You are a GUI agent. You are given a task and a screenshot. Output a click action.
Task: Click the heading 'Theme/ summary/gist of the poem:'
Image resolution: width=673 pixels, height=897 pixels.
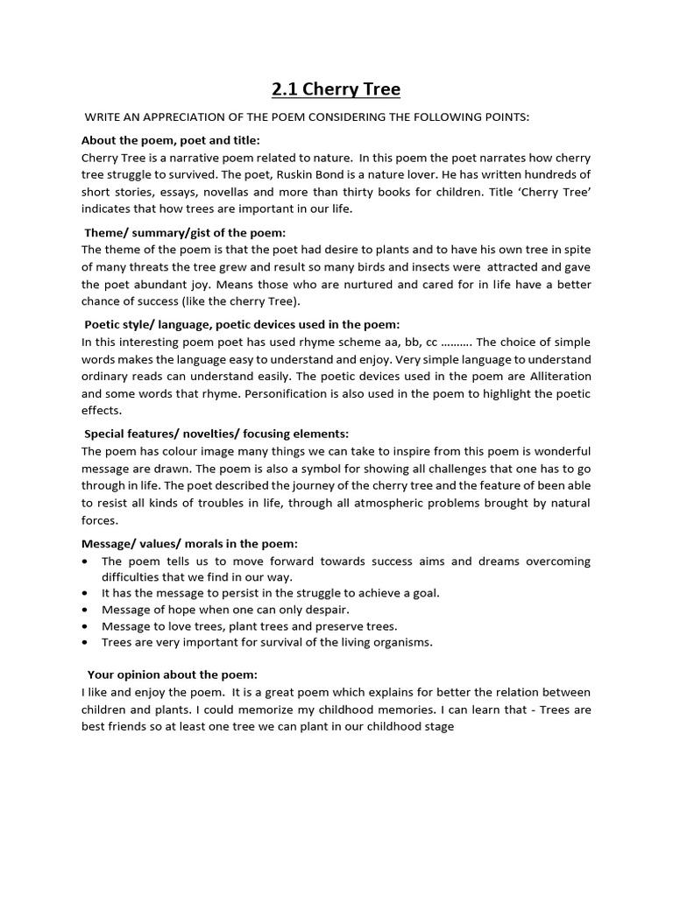coord(185,232)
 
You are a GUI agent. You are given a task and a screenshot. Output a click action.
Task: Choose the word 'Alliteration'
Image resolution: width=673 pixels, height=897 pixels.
coord(558,376)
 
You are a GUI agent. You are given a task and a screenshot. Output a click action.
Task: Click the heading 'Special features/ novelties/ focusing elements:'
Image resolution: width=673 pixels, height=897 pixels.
coord(216,434)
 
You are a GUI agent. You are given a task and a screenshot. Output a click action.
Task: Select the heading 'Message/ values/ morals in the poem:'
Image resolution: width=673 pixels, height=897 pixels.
coord(189,543)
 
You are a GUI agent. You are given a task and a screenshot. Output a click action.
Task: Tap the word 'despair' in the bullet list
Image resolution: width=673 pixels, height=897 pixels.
coord(325,610)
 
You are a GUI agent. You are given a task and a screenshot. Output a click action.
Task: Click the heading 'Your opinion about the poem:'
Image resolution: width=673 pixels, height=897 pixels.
coord(172,675)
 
